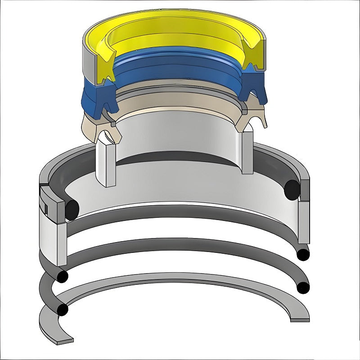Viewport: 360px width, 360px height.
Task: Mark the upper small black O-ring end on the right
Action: tap(304, 254)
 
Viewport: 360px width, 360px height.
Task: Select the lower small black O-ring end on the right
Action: tap(304, 287)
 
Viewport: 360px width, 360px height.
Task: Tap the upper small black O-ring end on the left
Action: tap(62, 275)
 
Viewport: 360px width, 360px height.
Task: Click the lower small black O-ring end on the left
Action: tap(62, 310)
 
